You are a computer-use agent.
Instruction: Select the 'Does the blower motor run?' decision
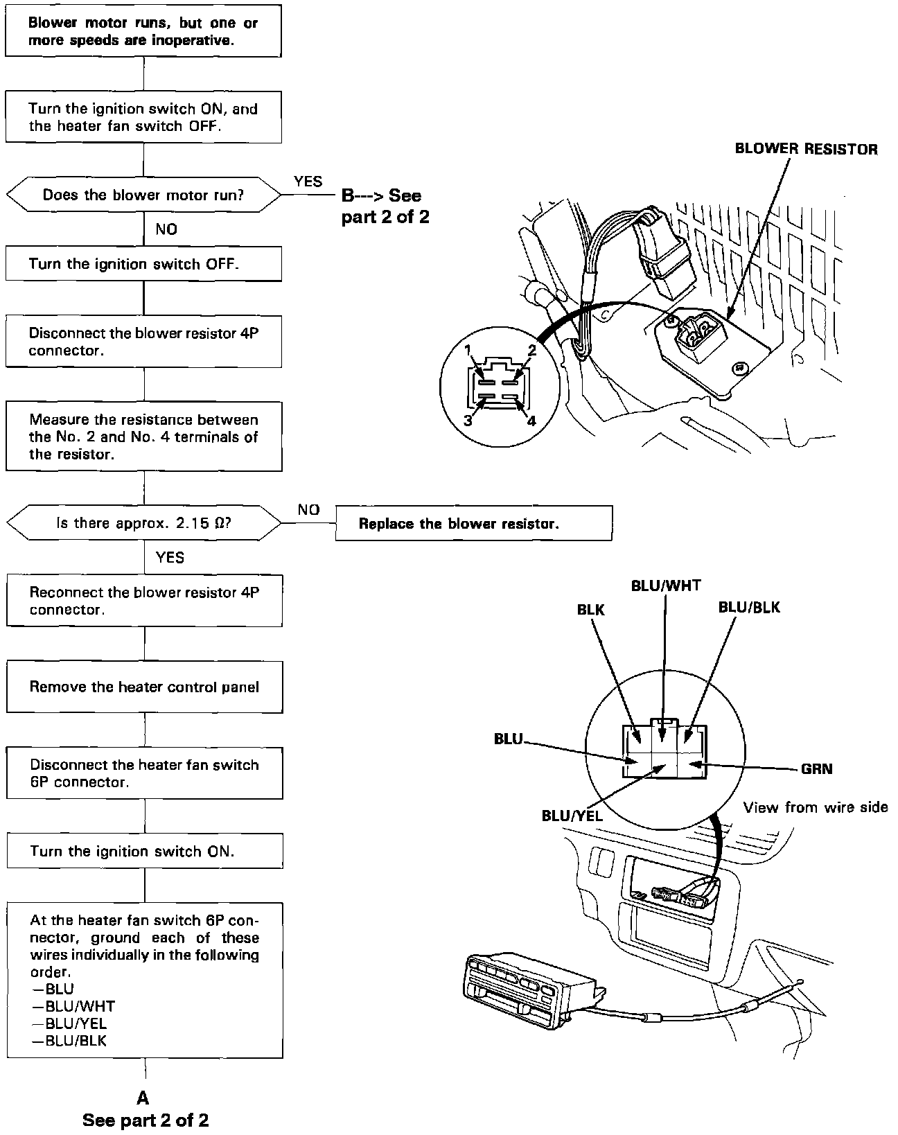point(143,195)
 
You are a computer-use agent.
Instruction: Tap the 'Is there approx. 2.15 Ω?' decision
point(143,523)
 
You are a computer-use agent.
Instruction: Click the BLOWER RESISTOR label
point(806,149)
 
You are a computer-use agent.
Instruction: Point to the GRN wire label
point(816,768)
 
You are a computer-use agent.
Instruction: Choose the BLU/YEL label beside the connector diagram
point(572,816)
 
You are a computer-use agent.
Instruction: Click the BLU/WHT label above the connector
point(665,586)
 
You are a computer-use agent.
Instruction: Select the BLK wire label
point(590,610)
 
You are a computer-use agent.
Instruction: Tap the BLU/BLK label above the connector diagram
point(749,608)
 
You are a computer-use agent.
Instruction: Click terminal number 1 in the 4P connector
point(468,349)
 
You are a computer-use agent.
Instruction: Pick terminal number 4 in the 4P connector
point(531,420)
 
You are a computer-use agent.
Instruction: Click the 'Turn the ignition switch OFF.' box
point(143,264)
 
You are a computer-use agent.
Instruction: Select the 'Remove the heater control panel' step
point(144,687)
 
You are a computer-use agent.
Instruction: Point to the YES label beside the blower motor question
point(308,182)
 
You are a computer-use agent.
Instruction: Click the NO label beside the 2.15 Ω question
point(308,510)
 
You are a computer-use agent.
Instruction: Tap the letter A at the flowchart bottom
point(143,1098)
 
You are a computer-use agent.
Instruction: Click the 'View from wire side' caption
point(815,807)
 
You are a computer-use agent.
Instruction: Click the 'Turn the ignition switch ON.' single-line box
point(144,851)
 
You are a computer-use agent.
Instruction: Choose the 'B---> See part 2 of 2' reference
point(385,206)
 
